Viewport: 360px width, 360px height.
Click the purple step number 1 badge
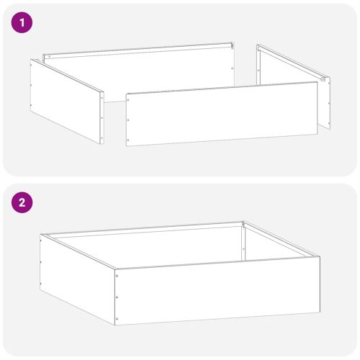pyautogui.click(x=24, y=22)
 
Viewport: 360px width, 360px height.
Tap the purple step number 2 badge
pyautogui.click(x=24, y=202)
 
